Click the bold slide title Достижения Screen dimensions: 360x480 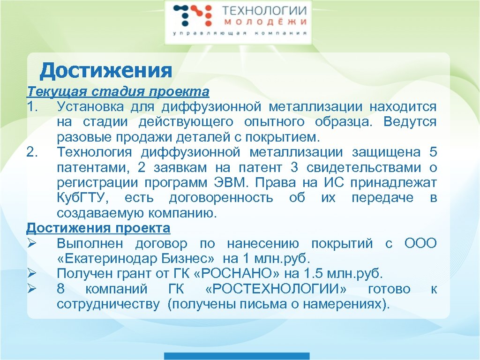tap(106, 71)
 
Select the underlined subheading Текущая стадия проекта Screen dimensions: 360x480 tap(118, 91)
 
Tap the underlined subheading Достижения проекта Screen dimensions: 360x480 tap(98, 228)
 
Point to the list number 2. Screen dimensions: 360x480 tap(33, 152)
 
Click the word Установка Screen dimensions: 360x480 tap(90, 107)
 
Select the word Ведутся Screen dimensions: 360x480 tap(410, 122)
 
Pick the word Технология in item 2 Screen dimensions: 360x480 tap(94, 152)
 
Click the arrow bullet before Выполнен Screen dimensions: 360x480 tap(32, 244)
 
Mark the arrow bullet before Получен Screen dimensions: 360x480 tap(32, 273)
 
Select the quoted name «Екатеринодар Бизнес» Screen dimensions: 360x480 tap(136, 259)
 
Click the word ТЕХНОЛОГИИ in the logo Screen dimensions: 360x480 tap(264, 11)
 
